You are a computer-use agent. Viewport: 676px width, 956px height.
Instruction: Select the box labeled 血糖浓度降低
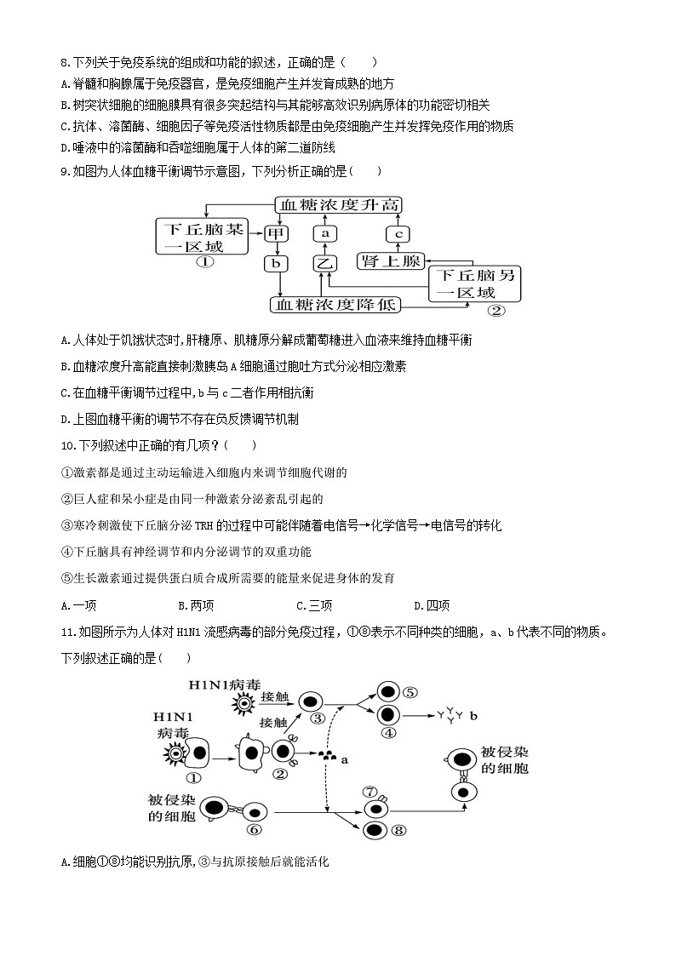(335, 304)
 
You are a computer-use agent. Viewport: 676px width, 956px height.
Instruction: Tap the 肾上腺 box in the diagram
(391, 260)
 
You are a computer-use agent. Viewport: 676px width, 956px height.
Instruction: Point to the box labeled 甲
(275, 232)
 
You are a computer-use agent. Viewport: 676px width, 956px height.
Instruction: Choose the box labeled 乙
(324, 263)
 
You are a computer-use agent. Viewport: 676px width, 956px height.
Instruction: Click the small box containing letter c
(398, 232)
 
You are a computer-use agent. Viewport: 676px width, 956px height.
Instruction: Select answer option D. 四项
(432, 605)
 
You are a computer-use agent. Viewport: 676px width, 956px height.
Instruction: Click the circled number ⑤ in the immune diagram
(410, 692)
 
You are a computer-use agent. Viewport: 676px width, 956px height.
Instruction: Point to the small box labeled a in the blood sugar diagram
(324, 232)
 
